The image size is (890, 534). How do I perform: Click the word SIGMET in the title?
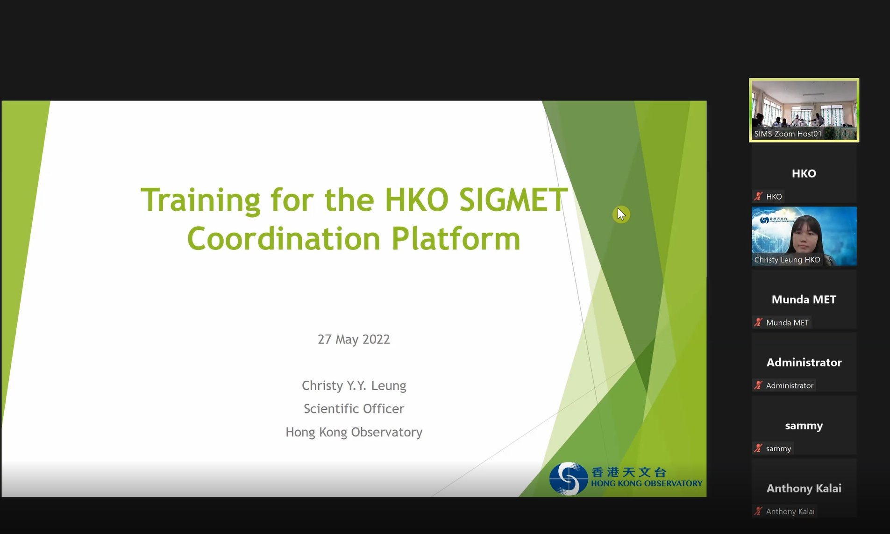513,200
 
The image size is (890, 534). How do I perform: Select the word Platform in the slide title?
456,239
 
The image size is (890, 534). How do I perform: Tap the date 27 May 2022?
354,339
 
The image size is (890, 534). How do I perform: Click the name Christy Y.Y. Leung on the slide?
354,385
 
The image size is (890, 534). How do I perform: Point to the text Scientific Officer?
354,409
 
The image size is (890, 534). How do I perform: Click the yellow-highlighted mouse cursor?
621,214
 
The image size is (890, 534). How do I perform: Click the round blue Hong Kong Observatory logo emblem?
568,478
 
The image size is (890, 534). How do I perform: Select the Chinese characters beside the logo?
628,472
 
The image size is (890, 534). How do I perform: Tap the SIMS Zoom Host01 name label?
788,134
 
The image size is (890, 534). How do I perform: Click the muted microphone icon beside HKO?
758,197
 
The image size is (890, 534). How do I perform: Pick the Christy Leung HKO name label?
787,260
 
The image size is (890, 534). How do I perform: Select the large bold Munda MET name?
804,299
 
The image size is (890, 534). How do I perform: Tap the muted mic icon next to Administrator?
758,385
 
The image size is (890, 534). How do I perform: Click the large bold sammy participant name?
804,426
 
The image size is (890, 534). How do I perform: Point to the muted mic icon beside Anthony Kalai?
758,512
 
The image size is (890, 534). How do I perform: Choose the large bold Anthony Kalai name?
804,488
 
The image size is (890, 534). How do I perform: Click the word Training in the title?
200,200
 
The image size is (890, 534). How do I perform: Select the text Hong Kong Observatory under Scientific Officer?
354,432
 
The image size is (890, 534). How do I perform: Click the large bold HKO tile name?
804,174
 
